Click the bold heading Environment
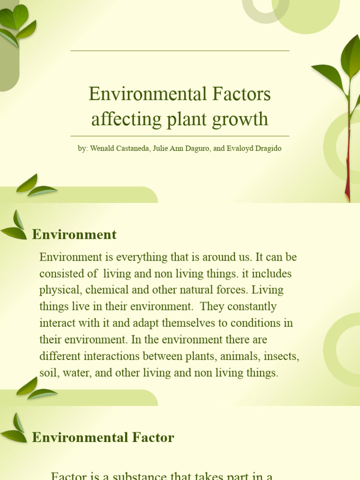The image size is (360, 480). click(x=74, y=234)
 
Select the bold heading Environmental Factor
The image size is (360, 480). click(x=103, y=438)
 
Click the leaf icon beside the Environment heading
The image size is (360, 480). click(x=15, y=226)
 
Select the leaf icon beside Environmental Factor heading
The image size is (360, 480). click(x=15, y=429)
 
